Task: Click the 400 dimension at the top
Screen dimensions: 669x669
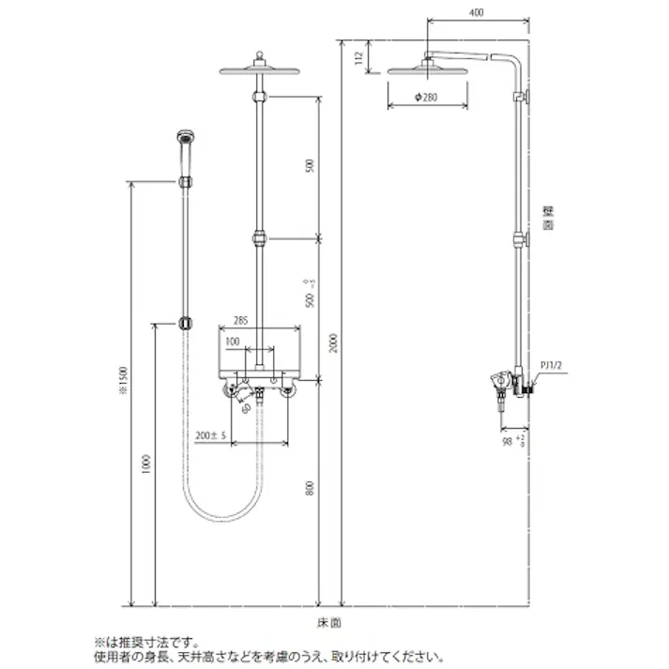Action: (x=478, y=12)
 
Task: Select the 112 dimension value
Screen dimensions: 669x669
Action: (x=359, y=57)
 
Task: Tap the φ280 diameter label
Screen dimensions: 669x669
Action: (x=427, y=98)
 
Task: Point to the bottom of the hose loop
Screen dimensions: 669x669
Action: (x=220, y=521)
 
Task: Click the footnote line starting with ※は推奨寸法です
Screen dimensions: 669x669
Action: (x=146, y=643)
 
